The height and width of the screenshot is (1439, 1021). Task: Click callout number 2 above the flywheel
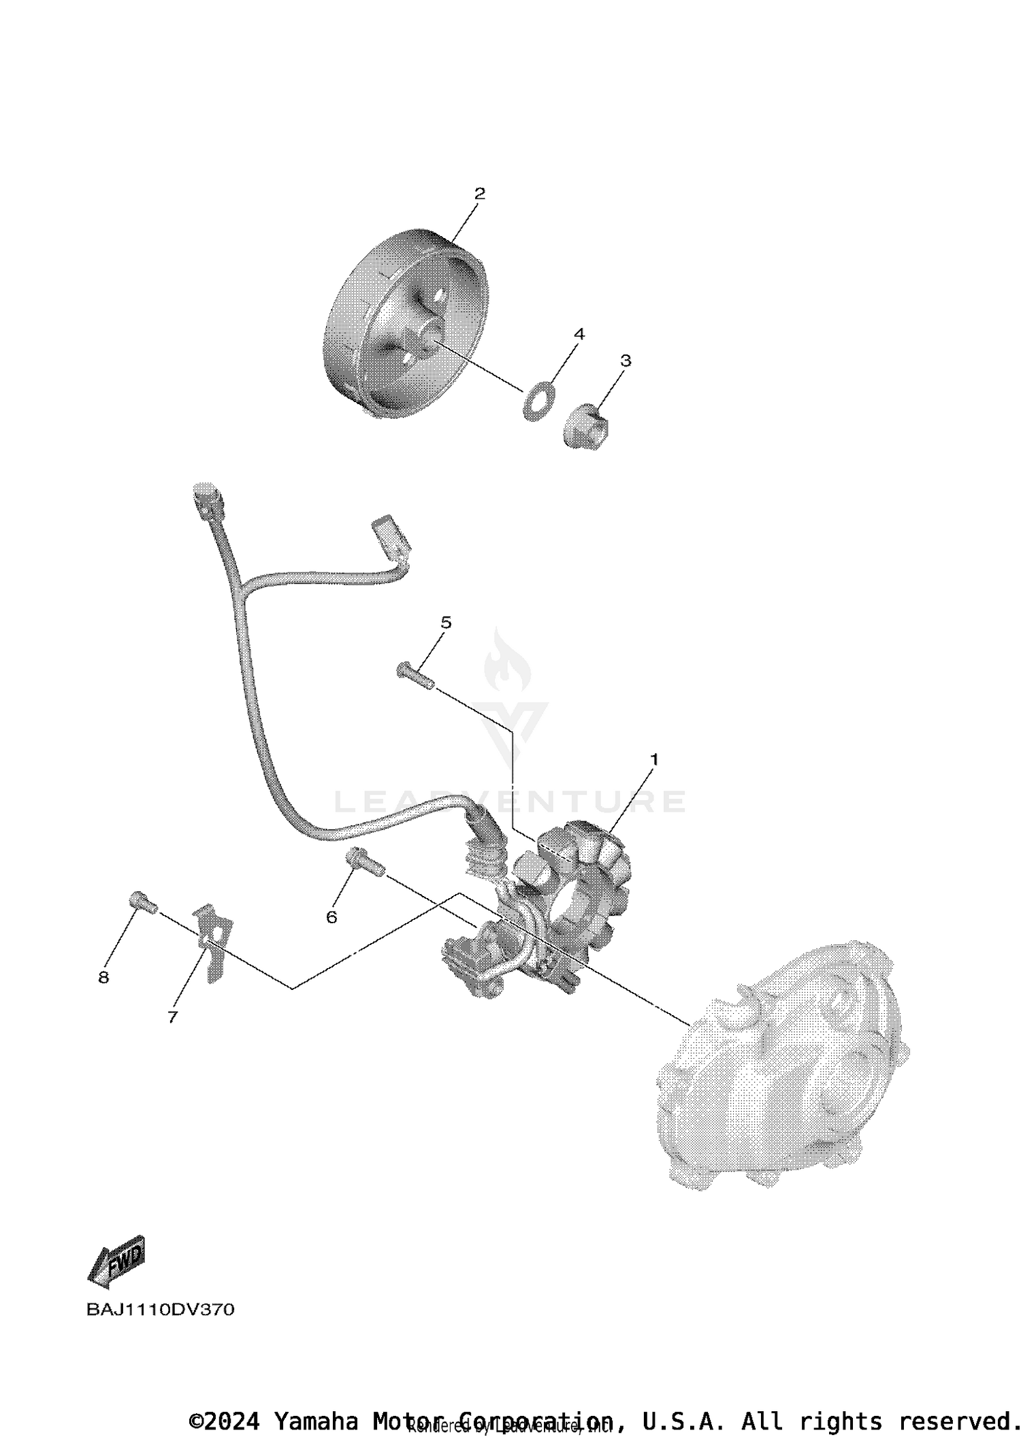[x=479, y=193]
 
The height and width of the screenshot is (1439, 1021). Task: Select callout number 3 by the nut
[x=625, y=361]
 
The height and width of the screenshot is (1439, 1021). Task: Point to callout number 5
[x=446, y=622]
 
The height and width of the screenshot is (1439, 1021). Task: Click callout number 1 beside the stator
[x=654, y=759]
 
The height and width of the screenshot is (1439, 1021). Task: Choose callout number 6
[x=331, y=917]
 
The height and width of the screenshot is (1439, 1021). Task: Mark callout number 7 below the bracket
[x=172, y=1016]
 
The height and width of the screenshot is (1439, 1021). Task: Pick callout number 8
[x=103, y=978]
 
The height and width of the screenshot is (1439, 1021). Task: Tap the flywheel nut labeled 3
[x=586, y=426]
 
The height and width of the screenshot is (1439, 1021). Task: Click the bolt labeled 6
[x=365, y=862]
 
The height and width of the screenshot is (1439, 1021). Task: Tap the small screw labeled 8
[x=142, y=902]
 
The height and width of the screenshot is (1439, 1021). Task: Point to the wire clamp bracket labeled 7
[x=213, y=942]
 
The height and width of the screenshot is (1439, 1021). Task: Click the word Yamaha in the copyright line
[x=316, y=1420]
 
